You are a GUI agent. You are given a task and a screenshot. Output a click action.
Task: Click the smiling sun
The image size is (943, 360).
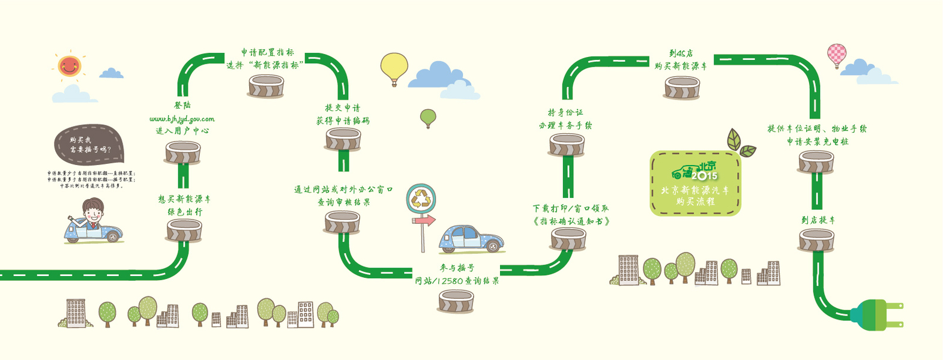pyautogui.click(x=69, y=65)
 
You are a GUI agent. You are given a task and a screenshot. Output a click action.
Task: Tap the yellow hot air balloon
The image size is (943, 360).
pyautogui.click(x=394, y=67)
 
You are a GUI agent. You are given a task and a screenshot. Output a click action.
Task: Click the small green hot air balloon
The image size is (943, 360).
pyautogui.click(x=428, y=117)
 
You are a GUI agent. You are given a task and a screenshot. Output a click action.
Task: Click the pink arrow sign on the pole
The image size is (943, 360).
pyautogui.click(x=424, y=221)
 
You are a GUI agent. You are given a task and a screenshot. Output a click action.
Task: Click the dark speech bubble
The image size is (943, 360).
pyautogui.click(x=89, y=145)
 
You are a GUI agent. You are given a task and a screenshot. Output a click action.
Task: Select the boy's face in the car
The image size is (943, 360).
pyautogui.click(x=94, y=211)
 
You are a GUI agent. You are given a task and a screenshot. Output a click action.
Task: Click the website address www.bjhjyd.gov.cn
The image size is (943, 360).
pyautogui.click(x=182, y=119)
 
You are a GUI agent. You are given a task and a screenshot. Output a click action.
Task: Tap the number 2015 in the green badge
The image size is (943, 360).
pyautogui.click(x=705, y=176)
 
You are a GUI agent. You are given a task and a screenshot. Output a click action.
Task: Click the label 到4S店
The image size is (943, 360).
pyautogui.click(x=681, y=53)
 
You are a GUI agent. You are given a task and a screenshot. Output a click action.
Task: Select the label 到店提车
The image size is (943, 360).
pyautogui.click(x=818, y=220)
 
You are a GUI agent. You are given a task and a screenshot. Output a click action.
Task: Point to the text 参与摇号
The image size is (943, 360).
pyautogui.click(x=457, y=268)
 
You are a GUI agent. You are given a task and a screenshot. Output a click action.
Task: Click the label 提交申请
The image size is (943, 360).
pyautogui.click(x=343, y=108)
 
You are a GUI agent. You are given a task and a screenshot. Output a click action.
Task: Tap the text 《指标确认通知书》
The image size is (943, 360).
pyautogui.click(x=571, y=221)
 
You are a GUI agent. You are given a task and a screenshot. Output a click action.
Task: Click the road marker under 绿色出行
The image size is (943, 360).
pyautogui.click(x=184, y=230)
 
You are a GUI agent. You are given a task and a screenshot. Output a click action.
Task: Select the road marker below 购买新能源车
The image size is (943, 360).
pyautogui.click(x=682, y=88)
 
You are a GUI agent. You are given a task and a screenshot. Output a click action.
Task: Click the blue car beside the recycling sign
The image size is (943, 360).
pyautogui.click(x=471, y=239)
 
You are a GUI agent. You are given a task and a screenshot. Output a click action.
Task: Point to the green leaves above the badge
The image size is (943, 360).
pyautogui.click(x=740, y=143)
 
